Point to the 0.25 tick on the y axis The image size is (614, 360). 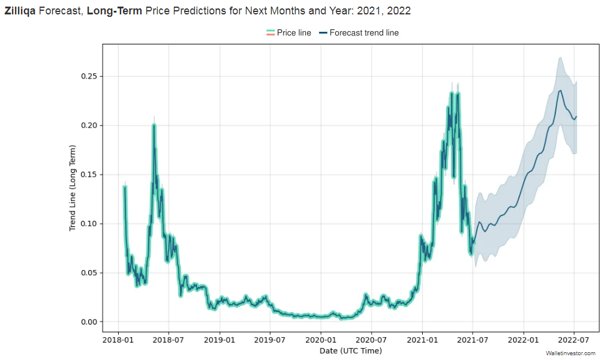tap(88, 76)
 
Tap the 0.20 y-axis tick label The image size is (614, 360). tap(88, 125)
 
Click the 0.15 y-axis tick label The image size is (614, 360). tap(88, 175)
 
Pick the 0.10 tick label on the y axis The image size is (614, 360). tap(88, 224)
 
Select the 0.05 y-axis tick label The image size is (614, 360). tap(88, 273)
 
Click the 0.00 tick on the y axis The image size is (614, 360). tap(88, 322)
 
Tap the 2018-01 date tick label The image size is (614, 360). tap(118, 340)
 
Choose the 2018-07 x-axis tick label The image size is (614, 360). tap(168, 340)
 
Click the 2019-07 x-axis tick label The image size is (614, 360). tap(270, 340)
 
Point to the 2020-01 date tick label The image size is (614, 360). tap(321, 340)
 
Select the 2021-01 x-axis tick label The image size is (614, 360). tap(422, 340)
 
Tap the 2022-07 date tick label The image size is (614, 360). tap(574, 340)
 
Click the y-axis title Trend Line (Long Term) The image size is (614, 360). tap(73, 188)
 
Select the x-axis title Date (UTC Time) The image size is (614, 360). tap(350, 350)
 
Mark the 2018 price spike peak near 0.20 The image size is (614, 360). tap(154, 125)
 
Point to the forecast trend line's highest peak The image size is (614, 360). tap(560, 91)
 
